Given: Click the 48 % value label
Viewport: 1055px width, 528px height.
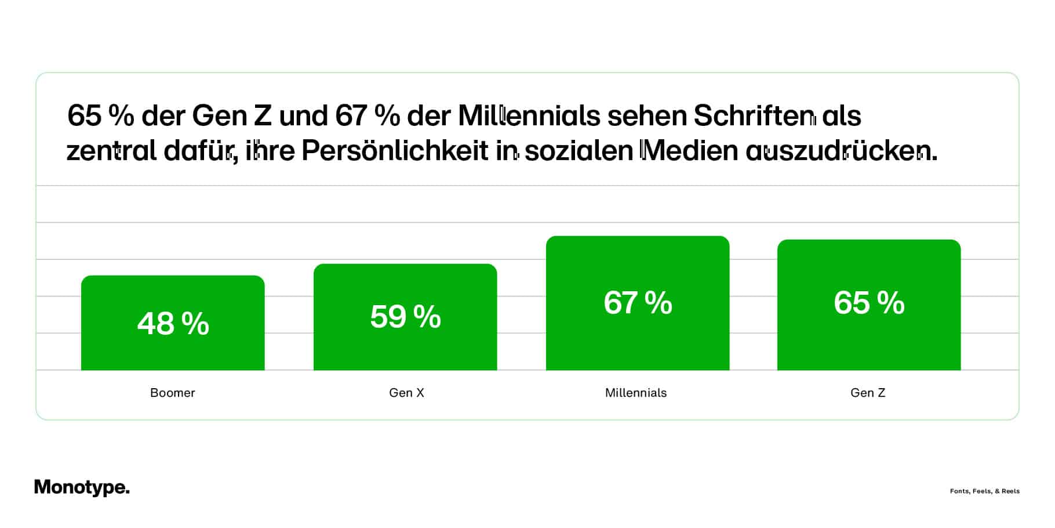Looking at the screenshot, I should [x=173, y=323].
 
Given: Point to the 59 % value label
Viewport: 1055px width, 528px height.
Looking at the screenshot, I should [x=405, y=317].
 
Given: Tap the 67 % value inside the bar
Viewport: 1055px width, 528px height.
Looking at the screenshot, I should [x=638, y=302].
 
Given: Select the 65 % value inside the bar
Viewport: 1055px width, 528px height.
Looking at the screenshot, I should [x=869, y=302].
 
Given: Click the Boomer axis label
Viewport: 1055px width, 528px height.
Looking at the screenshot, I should [x=173, y=393].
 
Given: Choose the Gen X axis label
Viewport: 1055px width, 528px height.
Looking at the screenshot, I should [x=406, y=393].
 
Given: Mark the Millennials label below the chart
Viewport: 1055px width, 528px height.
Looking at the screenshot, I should [x=636, y=393].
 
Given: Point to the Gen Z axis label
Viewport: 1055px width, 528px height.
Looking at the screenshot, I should [x=868, y=393].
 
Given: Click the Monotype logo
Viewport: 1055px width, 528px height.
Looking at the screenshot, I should [x=82, y=487].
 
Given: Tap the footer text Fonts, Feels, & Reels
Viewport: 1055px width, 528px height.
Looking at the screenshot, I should [x=984, y=491].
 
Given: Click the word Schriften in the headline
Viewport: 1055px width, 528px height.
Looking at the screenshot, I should [x=754, y=115].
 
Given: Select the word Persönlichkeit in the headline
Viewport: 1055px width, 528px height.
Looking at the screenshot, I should [x=395, y=151].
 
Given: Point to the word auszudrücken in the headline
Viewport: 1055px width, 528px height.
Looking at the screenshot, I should [x=841, y=151].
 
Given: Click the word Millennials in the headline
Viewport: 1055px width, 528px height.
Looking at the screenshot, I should [x=529, y=115].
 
